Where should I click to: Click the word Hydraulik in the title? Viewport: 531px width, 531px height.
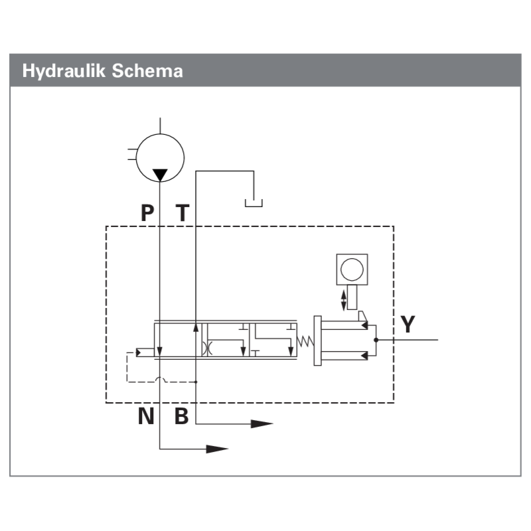(64, 71)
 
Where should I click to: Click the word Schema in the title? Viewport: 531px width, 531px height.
(147, 71)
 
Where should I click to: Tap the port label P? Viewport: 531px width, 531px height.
(147, 212)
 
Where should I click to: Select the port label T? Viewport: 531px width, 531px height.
(183, 212)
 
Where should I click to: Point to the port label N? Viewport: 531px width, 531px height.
(146, 416)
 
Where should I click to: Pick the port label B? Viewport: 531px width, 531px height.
(181, 416)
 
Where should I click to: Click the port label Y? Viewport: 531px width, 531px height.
(408, 324)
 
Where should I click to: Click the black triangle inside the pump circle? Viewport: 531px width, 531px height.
(160, 175)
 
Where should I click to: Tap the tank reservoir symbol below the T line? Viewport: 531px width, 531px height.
(254, 203)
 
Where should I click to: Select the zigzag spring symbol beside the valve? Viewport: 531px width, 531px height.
(305, 341)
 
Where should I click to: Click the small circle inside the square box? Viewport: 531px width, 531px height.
(352, 269)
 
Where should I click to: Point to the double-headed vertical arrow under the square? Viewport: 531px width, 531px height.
(343, 300)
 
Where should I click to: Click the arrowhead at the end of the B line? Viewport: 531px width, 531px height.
(262, 423)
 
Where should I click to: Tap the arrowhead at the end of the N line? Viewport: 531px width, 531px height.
(218, 449)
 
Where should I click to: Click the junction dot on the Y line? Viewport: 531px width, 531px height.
(376, 340)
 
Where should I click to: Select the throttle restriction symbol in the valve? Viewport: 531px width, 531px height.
(207, 348)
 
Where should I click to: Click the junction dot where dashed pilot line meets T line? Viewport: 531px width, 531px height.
(196, 382)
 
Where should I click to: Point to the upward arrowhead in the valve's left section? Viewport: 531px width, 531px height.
(196, 327)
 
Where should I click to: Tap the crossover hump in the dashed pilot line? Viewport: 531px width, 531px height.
(160, 379)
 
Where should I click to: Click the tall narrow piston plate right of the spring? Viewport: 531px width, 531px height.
(318, 341)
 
